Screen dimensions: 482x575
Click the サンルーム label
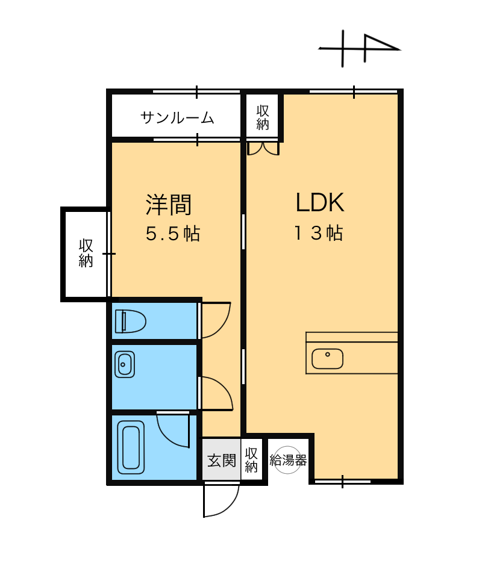[x=177, y=117]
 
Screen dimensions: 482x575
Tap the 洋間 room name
[x=169, y=204]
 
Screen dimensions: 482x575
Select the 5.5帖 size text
[x=173, y=233]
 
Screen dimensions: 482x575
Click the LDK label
[x=320, y=202]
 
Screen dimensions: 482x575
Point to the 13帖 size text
[x=319, y=233]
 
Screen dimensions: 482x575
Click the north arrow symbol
[x=360, y=49]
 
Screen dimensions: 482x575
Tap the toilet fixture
[x=130, y=322]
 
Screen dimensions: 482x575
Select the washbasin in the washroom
[x=125, y=364]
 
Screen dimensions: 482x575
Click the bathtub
[x=131, y=447]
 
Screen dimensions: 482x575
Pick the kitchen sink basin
[x=327, y=359]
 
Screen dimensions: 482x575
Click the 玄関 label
[x=222, y=461]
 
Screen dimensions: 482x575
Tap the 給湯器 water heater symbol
[x=288, y=460]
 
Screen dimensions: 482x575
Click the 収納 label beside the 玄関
[x=251, y=460]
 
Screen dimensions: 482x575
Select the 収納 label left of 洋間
[x=86, y=253]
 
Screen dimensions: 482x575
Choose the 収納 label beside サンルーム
[x=263, y=118]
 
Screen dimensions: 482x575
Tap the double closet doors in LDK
[x=263, y=149]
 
